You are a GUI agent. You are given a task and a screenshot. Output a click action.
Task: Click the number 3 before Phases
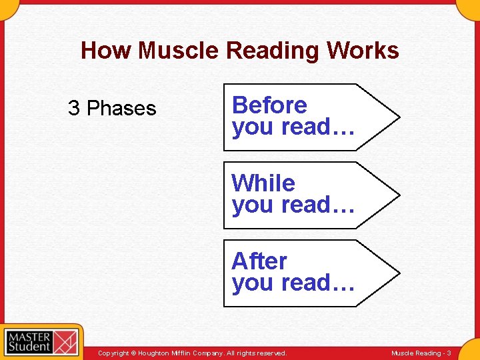pyautogui.click(x=74, y=108)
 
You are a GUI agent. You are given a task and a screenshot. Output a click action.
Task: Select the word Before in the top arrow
pyautogui.click(x=269, y=105)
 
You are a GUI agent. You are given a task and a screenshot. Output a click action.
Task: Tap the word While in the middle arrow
pyautogui.click(x=263, y=183)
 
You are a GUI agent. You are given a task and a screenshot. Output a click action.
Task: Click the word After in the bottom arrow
pyautogui.click(x=259, y=261)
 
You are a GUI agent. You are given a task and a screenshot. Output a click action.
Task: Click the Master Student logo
pyautogui.click(x=41, y=341)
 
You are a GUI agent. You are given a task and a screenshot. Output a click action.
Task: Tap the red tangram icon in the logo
pyautogui.click(x=65, y=341)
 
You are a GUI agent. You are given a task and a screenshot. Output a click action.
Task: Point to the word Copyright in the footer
pyautogui.click(x=113, y=353)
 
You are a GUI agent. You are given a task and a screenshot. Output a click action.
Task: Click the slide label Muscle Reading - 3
pyautogui.click(x=421, y=353)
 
